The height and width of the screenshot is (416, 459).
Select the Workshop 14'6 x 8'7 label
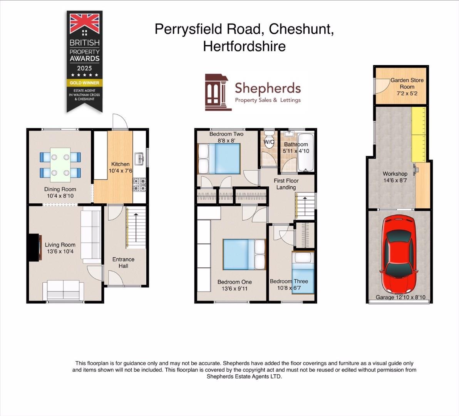point(395,177)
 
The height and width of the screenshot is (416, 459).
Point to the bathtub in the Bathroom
point(306,153)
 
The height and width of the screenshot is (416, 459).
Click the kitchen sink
point(139,158)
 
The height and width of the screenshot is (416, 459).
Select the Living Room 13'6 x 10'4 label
point(60,248)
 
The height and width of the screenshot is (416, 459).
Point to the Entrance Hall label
point(123,262)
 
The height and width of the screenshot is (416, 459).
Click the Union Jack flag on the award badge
point(84,23)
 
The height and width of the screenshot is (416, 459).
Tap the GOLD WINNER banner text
point(84,83)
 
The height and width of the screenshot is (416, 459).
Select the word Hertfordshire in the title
point(244,46)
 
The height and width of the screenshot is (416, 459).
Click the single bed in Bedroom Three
point(303,273)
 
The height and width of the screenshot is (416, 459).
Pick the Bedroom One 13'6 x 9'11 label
point(235,285)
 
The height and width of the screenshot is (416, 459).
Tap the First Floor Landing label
point(286,184)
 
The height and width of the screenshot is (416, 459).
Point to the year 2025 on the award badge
point(84,68)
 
